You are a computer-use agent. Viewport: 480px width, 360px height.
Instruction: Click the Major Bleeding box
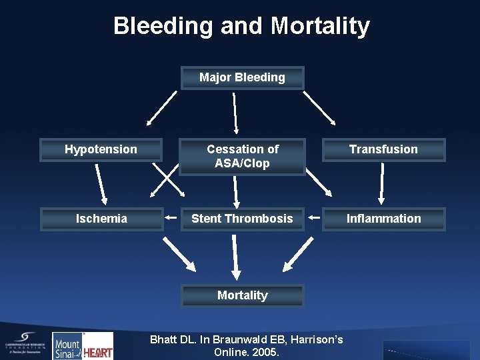click(x=242, y=77)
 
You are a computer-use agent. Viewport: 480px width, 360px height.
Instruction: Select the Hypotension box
click(x=101, y=149)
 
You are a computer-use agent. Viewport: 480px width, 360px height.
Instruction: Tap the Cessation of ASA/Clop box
click(x=242, y=157)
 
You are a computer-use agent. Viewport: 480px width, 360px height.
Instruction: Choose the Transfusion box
click(x=383, y=149)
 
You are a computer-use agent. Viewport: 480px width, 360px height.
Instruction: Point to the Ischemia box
click(x=101, y=219)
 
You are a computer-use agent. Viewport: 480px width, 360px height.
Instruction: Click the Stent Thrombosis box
click(x=242, y=219)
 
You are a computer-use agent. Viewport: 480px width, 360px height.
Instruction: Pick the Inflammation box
click(x=383, y=219)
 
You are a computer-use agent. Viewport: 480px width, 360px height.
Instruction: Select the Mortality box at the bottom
click(x=242, y=295)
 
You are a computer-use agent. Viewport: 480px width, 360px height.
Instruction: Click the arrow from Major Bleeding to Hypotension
click(x=161, y=109)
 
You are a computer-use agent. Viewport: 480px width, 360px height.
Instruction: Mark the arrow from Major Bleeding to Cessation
click(x=235, y=112)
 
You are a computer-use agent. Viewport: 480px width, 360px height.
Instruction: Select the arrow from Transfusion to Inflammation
click(x=382, y=183)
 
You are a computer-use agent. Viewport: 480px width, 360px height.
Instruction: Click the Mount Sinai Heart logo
click(x=83, y=346)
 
